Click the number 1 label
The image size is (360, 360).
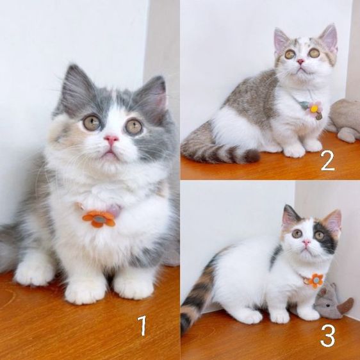click(142, 326)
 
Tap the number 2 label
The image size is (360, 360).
click(327, 160)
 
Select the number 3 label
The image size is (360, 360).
click(327, 336)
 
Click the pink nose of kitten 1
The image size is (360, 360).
click(111, 139)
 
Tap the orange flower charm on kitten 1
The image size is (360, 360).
click(99, 219)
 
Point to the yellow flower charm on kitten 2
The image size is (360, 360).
click(314, 110)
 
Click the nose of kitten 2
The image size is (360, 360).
click(300, 61)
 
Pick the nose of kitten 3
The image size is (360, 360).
click(306, 243)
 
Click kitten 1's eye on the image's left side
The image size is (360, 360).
click(92, 122)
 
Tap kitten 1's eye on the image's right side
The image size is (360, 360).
click(133, 126)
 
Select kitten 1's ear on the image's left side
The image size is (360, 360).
click(75, 88)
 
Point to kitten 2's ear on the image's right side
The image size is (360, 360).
click(329, 38)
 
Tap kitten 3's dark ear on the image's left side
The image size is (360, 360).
click(291, 216)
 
